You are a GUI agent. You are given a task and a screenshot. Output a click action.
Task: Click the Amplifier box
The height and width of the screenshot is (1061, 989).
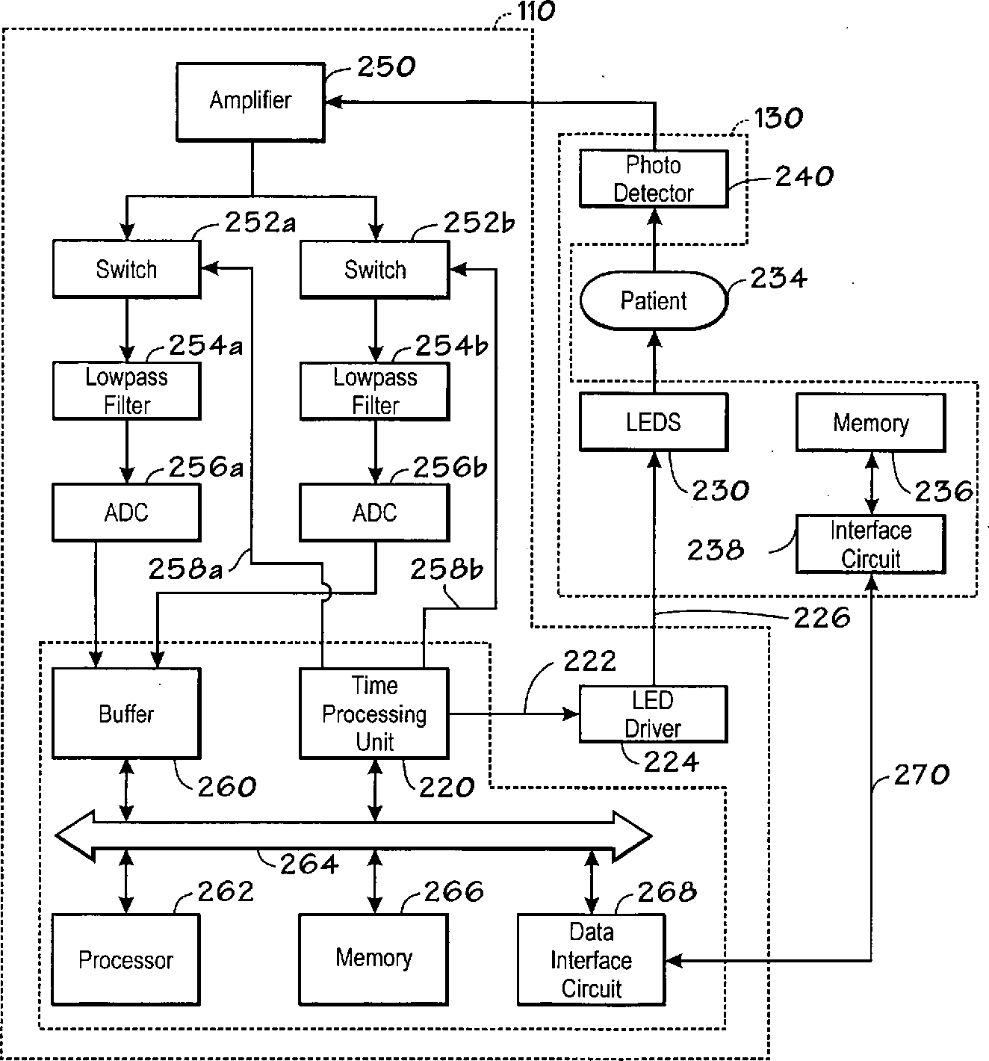pos(250,102)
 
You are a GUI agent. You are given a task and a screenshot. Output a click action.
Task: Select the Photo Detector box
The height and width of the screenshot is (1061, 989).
pos(654,179)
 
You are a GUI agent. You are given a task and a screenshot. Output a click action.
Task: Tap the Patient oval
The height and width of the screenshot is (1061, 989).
pos(654,300)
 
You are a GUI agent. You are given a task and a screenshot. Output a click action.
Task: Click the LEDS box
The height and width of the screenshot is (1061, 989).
pos(654,422)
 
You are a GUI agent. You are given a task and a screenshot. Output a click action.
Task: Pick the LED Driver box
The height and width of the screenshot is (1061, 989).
pos(654,714)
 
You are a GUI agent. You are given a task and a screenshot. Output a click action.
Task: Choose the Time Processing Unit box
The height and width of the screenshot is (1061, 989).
pos(374,714)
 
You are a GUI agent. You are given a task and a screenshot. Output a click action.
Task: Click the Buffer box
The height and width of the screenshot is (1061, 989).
pos(127,714)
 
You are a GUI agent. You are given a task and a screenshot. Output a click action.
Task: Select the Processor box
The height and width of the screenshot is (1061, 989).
pos(126,960)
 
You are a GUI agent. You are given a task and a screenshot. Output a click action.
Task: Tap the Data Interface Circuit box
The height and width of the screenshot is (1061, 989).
pos(592,960)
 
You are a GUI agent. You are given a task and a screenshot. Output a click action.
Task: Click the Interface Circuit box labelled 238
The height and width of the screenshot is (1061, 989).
pos(871,544)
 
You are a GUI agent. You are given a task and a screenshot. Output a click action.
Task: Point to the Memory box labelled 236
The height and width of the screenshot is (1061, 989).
pos(871,423)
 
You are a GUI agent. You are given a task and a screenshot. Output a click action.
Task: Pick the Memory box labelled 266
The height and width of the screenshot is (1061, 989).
pos(373,960)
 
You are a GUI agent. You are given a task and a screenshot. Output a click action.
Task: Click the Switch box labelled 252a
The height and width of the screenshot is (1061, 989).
pos(127,269)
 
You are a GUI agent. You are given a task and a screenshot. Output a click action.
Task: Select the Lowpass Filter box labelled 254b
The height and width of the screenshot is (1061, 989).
pos(374,391)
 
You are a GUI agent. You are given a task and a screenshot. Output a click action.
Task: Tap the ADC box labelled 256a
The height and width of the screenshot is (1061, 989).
pos(127,513)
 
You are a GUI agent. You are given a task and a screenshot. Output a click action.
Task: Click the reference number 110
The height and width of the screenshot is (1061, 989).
pos(536,11)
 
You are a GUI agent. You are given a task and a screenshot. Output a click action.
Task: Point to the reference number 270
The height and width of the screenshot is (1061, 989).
pos(922,774)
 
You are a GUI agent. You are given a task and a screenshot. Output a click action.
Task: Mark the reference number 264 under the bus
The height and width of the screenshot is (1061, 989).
pos(309,864)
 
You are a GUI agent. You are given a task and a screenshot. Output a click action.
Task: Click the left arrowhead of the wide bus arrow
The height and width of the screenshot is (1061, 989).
pos(75,836)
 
